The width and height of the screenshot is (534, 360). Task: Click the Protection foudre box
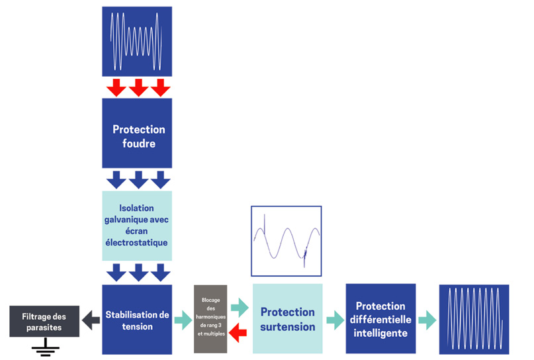[x=137, y=133]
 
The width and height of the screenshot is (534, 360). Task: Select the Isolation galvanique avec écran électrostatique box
[x=137, y=226]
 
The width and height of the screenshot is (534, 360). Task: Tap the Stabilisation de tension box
[x=137, y=320]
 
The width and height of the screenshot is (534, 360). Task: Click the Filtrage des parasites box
[x=44, y=321]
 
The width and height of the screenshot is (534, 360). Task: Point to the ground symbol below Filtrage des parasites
[x=45, y=347]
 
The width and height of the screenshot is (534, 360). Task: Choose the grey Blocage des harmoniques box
[x=210, y=319]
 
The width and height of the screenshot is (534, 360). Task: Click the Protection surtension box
[x=287, y=319]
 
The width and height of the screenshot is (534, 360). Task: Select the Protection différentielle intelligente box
[x=380, y=318]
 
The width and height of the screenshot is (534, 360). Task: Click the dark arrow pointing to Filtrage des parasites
[x=91, y=320]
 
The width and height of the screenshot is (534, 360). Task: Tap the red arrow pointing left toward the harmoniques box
[x=238, y=332]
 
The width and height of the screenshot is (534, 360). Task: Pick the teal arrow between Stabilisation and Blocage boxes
[x=183, y=320]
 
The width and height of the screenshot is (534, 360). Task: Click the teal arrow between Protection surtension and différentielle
[x=335, y=320]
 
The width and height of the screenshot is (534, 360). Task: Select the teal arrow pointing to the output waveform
[x=427, y=320]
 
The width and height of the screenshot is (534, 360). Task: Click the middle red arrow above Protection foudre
[x=138, y=87]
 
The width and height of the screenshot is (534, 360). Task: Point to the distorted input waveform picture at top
[x=137, y=41]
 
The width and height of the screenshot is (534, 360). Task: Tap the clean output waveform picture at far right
[x=474, y=320]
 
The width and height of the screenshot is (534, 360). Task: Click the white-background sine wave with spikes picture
[x=287, y=241]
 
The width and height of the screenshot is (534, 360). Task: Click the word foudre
[x=139, y=144]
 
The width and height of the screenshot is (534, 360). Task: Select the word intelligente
[x=380, y=333]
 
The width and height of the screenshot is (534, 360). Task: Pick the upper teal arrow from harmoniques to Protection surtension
[x=240, y=308]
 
